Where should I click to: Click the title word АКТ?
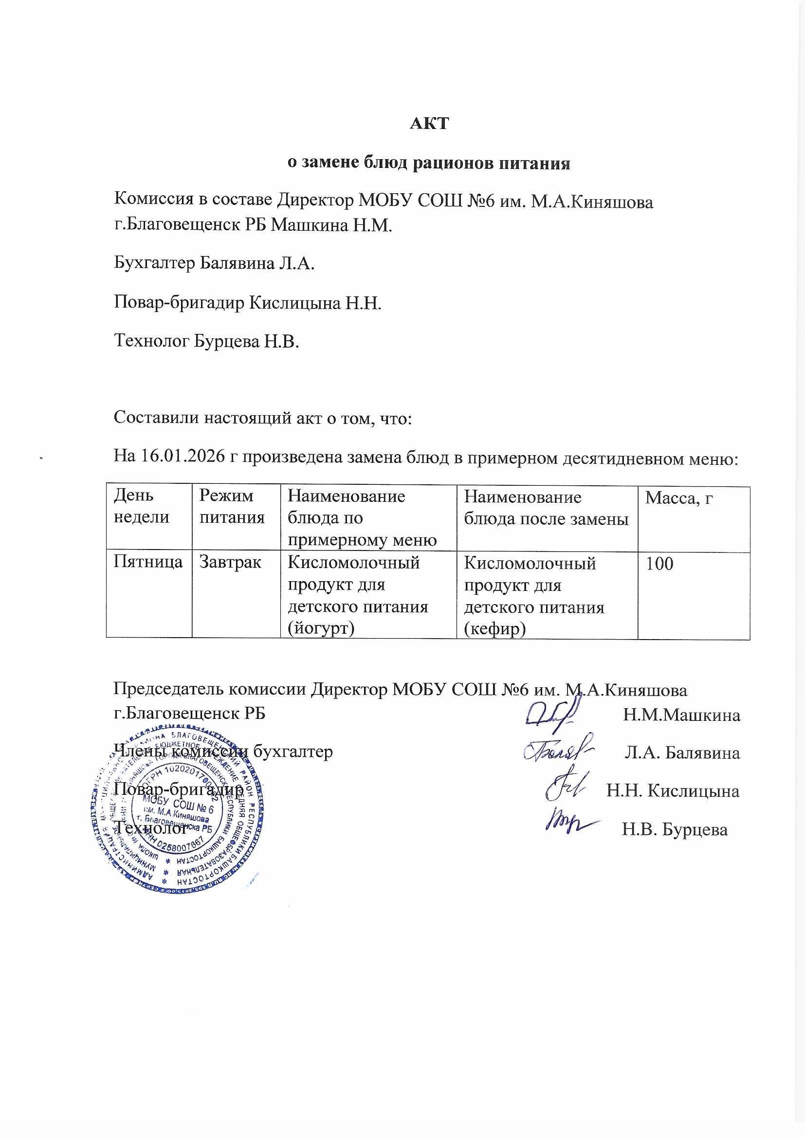pyautogui.click(x=429, y=123)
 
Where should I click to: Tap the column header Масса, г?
pyautogui.click(x=678, y=497)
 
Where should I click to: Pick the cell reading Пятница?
pyautogui.click(x=148, y=562)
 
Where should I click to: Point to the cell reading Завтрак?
pyautogui.click(x=230, y=562)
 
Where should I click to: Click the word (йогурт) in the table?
pyautogui.click(x=322, y=628)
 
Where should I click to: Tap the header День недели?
pyautogui.click(x=141, y=506)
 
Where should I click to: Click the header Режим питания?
pyautogui.click(x=232, y=506)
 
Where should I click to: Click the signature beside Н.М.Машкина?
pyautogui.click(x=553, y=713)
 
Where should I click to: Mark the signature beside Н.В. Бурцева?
pyautogui.click(x=570, y=825)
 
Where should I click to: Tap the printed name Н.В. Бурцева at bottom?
pyautogui.click(x=675, y=830)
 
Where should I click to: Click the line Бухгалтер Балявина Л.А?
pyautogui.click(x=215, y=263)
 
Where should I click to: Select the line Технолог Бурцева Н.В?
pyautogui.click(x=207, y=341)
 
